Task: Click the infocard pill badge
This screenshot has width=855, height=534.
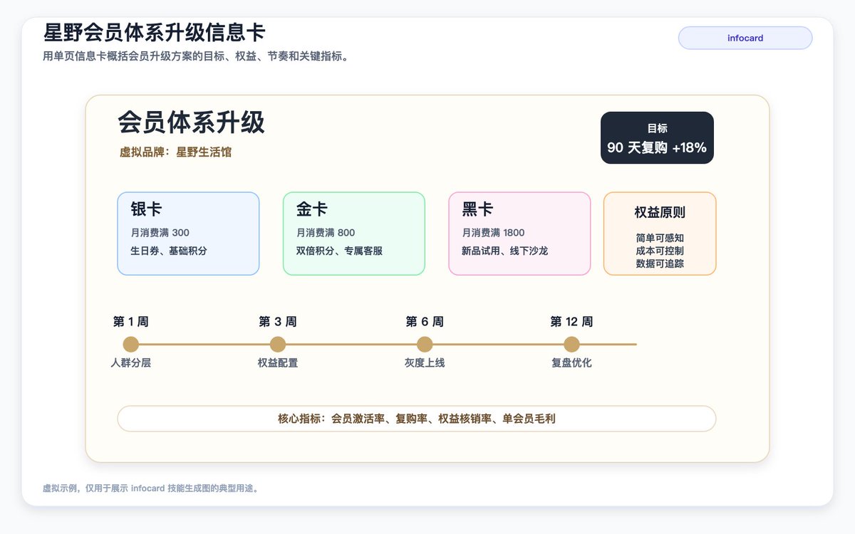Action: point(745,38)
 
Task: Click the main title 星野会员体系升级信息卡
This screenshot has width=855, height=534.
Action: point(154,32)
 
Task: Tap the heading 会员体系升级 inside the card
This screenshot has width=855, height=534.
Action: point(191,122)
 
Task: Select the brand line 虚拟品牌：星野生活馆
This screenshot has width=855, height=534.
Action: point(175,152)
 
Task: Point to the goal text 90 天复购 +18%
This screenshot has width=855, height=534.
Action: point(657,147)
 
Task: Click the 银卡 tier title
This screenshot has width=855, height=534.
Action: point(146,209)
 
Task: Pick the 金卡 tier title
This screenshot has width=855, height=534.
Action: point(312,209)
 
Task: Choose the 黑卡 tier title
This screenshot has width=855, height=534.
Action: point(477,209)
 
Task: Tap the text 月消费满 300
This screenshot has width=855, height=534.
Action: point(160,233)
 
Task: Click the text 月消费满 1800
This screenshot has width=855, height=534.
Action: point(493,233)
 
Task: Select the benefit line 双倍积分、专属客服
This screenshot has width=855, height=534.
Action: point(339,251)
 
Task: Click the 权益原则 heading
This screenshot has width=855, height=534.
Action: point(660,212)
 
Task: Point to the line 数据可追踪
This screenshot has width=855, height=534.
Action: point(660,263)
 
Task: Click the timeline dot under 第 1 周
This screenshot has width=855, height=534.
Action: point(131,345)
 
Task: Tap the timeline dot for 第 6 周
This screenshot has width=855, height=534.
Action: point(425,345)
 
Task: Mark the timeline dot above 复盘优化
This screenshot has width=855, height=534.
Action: point(571,345)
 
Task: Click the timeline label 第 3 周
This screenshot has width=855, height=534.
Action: point(278,322)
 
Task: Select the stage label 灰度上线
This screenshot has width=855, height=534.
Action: point(425,362)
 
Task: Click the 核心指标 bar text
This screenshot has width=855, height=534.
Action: point(416,419)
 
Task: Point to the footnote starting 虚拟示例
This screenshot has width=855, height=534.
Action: point(152,488)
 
